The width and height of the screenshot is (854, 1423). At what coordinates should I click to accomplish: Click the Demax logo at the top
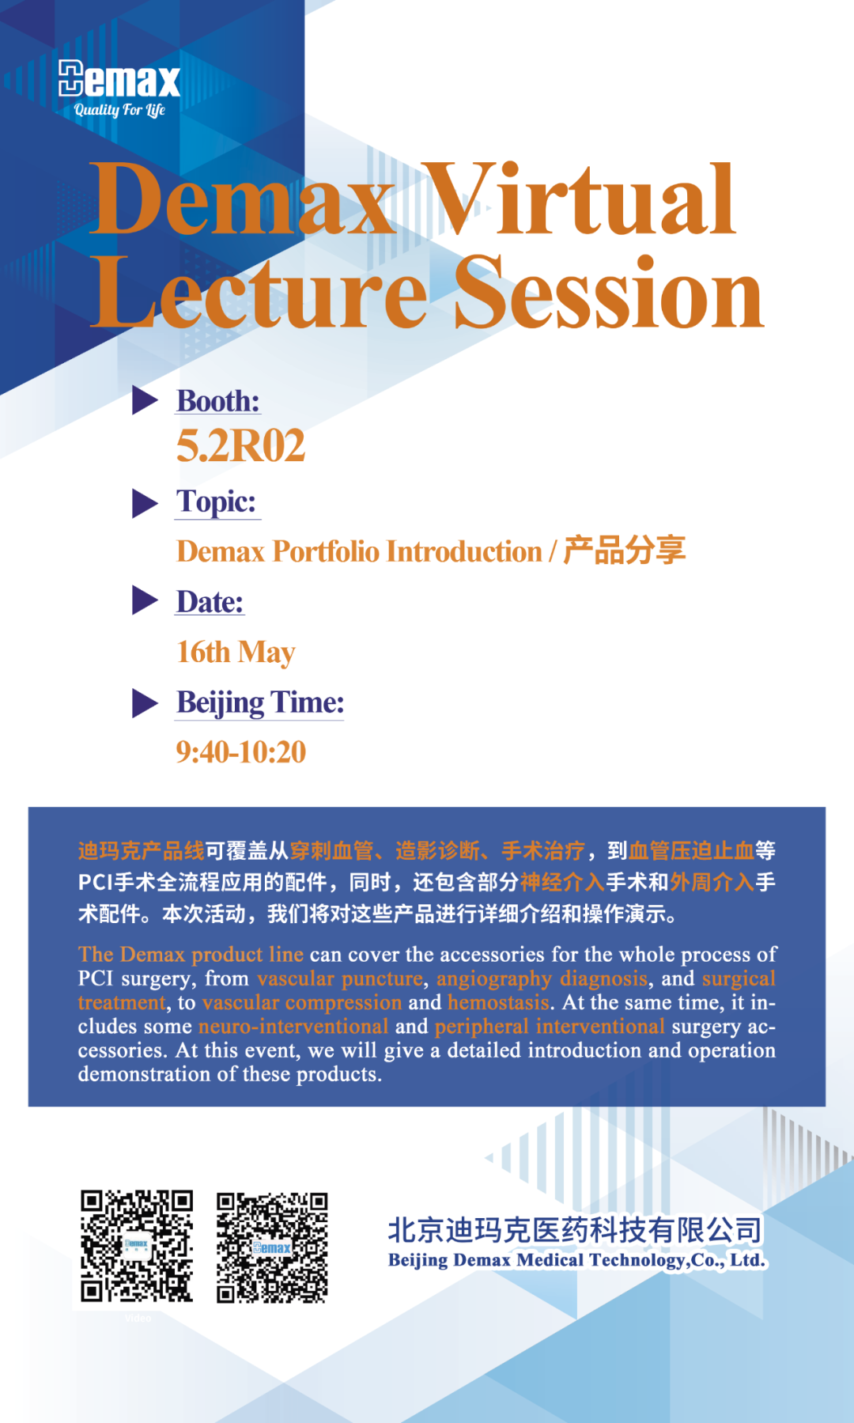(x=119, y=78)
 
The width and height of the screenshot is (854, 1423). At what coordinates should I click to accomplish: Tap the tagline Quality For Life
(x=119, y=110)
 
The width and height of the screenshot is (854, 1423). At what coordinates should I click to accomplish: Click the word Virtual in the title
(x=580, y=199)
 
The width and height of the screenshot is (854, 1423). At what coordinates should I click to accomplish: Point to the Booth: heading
(x=218, y=401)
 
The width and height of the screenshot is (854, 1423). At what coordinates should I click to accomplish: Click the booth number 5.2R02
(x=241, y=445)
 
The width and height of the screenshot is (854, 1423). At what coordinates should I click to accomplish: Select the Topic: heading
(x=217, y=501)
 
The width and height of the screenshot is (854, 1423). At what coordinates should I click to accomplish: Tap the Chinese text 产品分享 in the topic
(x=625, y=551)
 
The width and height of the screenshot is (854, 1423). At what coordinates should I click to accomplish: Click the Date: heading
(x=210, y=602)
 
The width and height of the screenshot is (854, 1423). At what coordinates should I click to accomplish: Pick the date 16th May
(x=236, y=653)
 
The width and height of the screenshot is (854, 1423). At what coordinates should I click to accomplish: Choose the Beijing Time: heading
(x=260, y=702)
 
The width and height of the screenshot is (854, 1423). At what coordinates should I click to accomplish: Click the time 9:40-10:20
(x=241, y=752)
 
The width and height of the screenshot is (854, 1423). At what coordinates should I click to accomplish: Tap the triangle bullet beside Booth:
(x=145, y=400)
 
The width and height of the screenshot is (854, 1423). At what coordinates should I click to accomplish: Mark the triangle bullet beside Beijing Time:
(x=145, y=702)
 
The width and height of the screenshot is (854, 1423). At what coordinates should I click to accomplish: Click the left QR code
(x=136, y=1246)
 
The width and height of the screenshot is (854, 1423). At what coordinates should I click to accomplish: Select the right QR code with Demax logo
(x=273, y=1247)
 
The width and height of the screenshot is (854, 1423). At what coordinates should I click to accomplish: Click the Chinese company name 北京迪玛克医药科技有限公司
(x=576, y=1230)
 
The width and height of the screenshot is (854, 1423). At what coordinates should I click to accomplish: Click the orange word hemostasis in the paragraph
(x=498, y=1002)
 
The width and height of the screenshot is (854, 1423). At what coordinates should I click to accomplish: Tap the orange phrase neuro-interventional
(x=293, y=1026)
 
